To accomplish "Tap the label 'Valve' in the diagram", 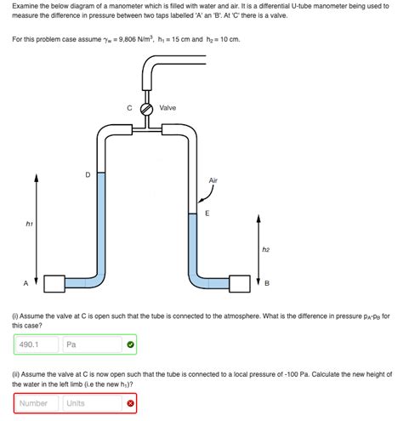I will [x=167, y=108].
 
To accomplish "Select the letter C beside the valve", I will [x=129, y=109].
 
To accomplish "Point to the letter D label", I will [x=87, y=174].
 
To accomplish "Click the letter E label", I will [x=207, y=213].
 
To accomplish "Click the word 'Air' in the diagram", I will [x=213, y=180].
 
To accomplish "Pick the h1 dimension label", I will [x=30, y=225].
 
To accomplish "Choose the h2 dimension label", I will [x=265, y=249].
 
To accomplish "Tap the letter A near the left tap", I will [x=25, y=282].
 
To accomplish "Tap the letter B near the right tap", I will [x=267, y=282].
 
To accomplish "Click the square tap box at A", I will [x=54, y=282].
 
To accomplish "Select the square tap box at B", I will [x=240, y=282].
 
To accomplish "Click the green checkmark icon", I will [x=130, y=344].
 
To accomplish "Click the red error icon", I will [x=130, y=403].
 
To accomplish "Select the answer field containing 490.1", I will [x=37, y=344].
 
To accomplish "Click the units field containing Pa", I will [x=91, y=344].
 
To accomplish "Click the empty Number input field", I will [x=37, y=403].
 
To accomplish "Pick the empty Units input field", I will [x=91, y=403].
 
